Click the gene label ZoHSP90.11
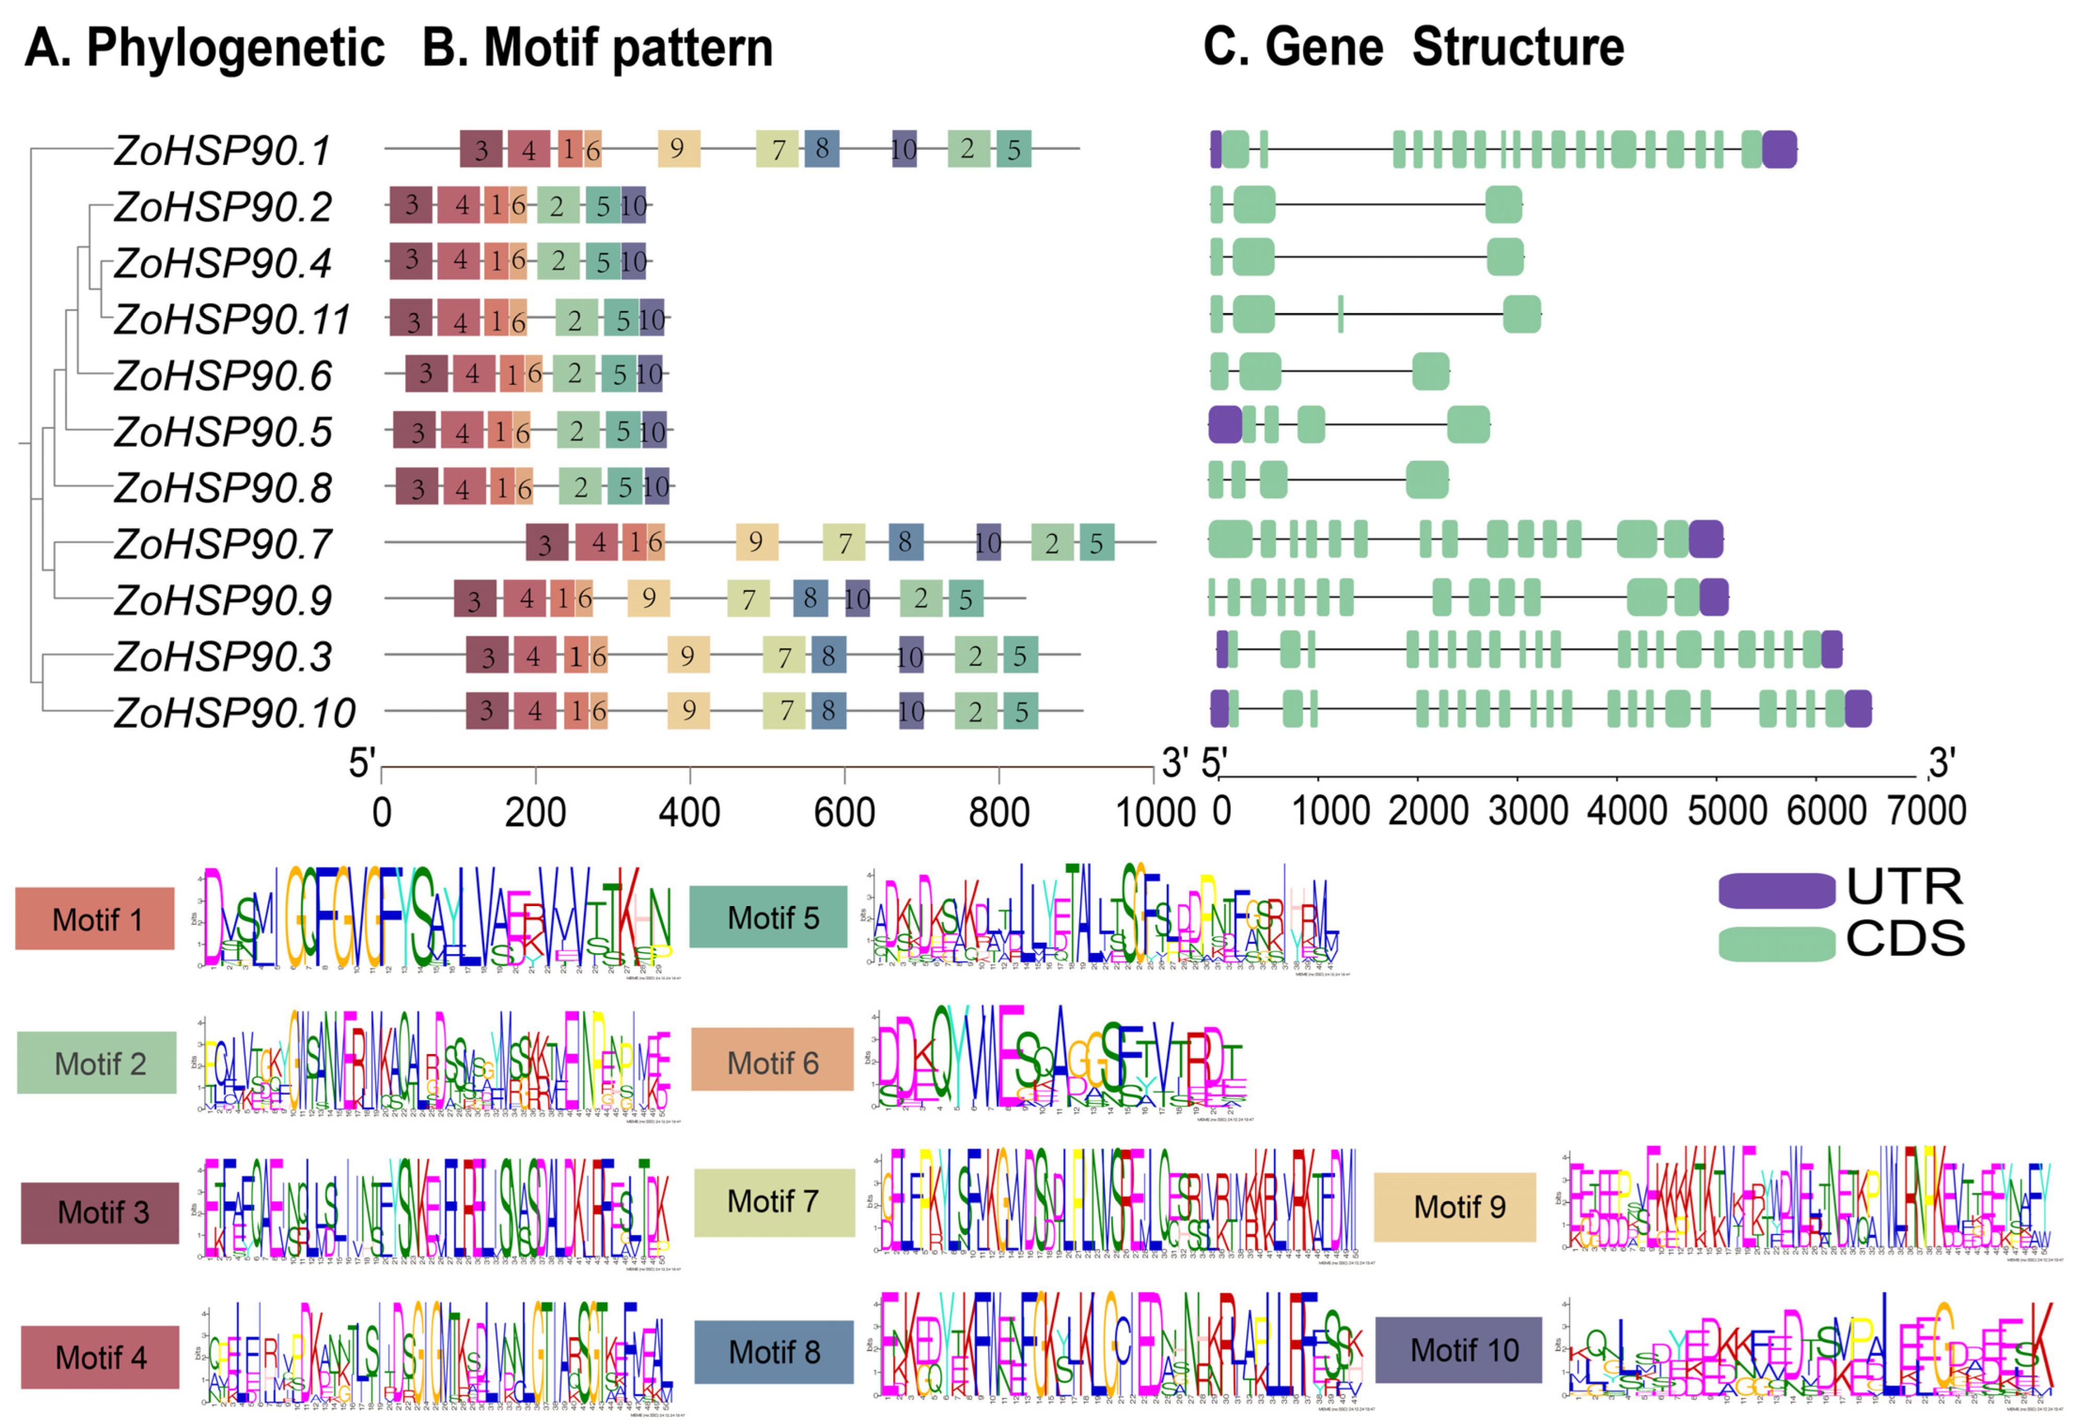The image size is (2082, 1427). [x=232, y=320]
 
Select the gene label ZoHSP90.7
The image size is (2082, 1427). [x=223, y=544]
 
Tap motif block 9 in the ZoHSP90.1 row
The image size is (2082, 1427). [x=678, y=149]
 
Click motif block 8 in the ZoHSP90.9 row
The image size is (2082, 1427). [x=810, y=598]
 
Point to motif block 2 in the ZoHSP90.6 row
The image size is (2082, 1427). [x=574, y=374]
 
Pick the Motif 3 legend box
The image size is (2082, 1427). [x=100, y=1212]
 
